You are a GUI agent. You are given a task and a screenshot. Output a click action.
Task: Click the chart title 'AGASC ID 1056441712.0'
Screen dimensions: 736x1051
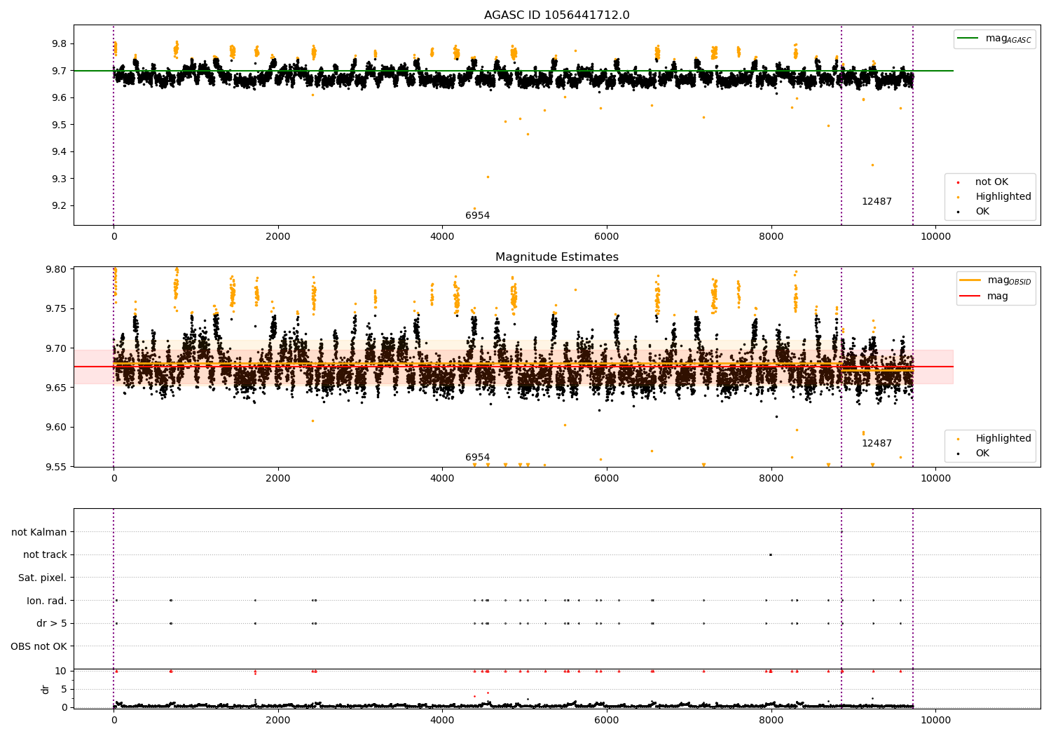coord(556,15)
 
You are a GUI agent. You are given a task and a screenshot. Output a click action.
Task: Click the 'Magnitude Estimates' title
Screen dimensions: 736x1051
coord(556,257)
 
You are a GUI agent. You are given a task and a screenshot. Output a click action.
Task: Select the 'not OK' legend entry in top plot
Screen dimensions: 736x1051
coord(991,182)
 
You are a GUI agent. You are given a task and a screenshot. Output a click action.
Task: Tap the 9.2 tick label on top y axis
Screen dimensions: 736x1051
coord(59,206)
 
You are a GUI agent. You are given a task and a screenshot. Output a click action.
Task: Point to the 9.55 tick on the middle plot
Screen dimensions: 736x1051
coord(55,467)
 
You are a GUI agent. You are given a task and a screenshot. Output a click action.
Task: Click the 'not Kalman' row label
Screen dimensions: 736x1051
coord(39,532)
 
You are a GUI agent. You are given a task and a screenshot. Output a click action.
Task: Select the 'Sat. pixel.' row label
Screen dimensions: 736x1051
coord(43,578)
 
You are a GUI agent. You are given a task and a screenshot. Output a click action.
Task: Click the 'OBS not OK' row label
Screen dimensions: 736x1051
coord(39,646)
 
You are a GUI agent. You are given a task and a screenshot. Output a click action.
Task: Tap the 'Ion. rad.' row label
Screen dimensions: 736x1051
coord(46,601)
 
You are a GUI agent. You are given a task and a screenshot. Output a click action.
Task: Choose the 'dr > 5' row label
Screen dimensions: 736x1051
coord(51,623)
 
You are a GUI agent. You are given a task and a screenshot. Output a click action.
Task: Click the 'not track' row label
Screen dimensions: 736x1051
coord(45,555)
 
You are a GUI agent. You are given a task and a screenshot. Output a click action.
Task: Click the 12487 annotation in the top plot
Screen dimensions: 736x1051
coord(877,202)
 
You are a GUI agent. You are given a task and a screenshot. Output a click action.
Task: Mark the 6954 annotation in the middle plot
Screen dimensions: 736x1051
coord(477,458)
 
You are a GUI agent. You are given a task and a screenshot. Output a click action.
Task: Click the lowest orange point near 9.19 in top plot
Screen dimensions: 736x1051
coord(474,208)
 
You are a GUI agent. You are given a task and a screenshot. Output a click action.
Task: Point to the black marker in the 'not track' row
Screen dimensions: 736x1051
coord(770,554)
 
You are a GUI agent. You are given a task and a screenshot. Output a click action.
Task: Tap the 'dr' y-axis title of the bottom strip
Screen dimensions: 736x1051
coord(46,689)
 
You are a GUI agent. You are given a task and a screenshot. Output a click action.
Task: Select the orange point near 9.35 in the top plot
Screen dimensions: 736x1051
coord(872,165)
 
